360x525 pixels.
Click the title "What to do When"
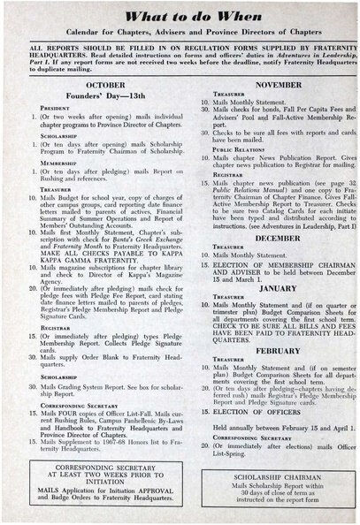[x=180, y=17]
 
